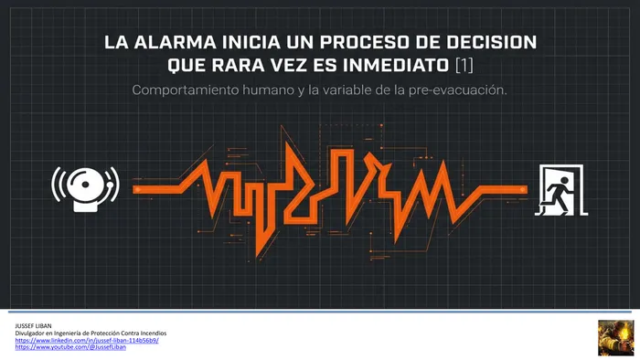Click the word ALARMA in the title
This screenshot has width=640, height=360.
176,42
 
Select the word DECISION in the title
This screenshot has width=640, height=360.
492,42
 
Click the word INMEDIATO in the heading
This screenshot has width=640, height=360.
396,65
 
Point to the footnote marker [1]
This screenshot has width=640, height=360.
464,65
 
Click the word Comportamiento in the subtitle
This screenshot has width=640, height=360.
186,90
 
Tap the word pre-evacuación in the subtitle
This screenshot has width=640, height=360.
457,90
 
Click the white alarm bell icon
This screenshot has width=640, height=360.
86,189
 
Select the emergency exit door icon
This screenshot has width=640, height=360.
561,189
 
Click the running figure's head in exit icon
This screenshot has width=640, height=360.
565,181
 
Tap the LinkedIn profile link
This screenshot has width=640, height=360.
87,341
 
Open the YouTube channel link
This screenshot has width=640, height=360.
70,347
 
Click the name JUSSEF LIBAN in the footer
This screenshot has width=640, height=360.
34,326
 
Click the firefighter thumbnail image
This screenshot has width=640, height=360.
616,338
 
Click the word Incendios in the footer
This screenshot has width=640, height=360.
154,334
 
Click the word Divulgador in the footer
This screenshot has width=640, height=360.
28,334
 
